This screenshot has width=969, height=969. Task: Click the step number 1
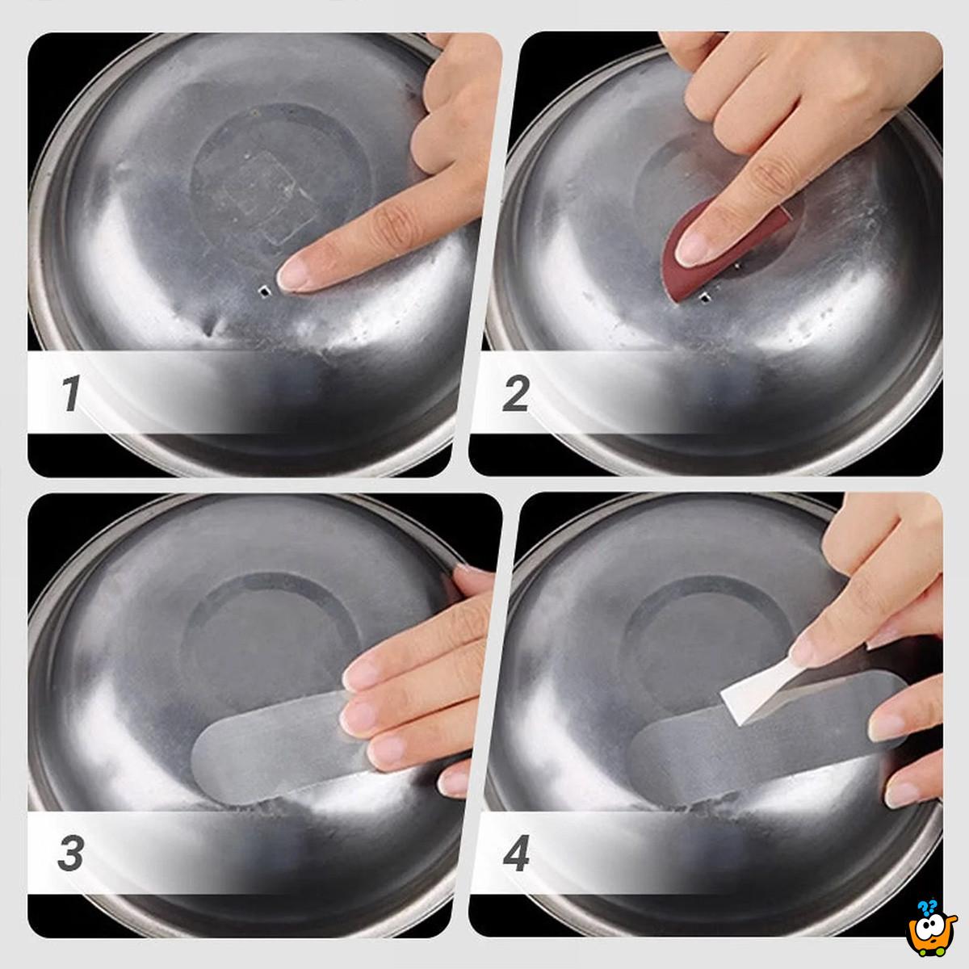(71, 393)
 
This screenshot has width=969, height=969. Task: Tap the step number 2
(515, 393)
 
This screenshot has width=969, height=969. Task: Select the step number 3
(71, 854)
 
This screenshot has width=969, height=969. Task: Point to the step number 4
(515, 854)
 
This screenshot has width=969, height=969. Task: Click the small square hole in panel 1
(264, 291)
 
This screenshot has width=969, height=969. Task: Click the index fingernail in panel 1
(291, 274)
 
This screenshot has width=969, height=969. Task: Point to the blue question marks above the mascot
(927, 906)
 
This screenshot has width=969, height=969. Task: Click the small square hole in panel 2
(704, 298)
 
